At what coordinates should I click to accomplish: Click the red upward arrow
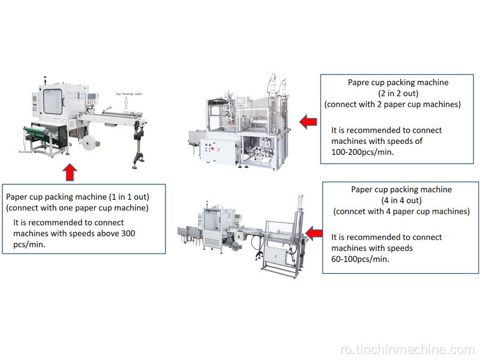point(70,173)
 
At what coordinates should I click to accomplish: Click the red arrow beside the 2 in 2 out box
point(308,122)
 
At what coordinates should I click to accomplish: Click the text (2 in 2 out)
point(393,93)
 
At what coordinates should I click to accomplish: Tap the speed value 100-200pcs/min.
point(362,152)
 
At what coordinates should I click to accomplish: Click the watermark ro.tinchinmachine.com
point(415,350)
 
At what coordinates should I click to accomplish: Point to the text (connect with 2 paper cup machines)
point(392,104)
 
